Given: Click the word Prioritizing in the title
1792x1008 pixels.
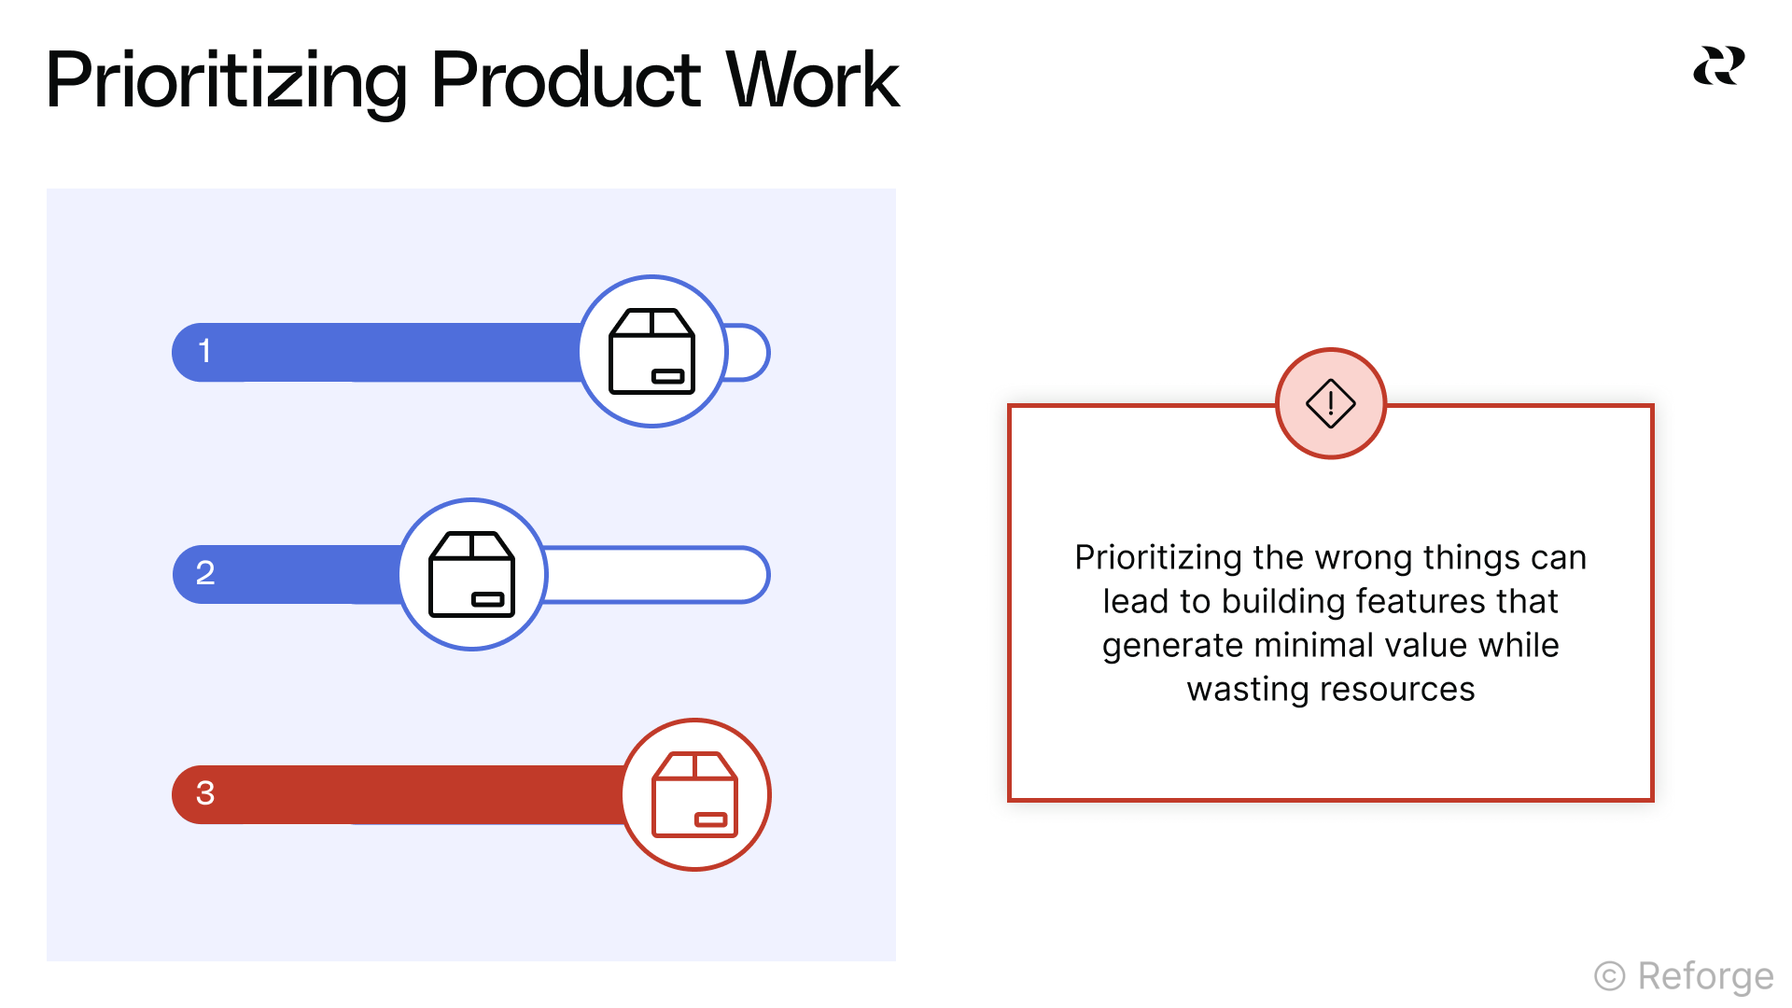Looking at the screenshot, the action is click(x=226, y=81).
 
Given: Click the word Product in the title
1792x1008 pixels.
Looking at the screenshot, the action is click(x=566, y=81).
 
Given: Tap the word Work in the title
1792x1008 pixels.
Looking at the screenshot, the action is click(x=812, y=81).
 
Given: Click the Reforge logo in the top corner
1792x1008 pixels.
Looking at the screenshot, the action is click(x=1718, y=65).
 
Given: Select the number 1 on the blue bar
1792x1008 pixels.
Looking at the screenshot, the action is click(x=204, y=352).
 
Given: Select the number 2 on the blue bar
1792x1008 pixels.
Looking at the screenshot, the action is click(x=205, y=573).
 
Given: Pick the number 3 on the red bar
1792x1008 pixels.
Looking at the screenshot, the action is click(x=205, y=793).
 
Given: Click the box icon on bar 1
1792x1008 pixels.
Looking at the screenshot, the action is click(x=652, y=352).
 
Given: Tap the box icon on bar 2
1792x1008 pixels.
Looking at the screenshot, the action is click(x=472, y=574).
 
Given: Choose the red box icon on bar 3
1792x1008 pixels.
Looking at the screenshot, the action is click(x=695, y=794).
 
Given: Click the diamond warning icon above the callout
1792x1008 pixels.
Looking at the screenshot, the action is click(x=1330, y=403).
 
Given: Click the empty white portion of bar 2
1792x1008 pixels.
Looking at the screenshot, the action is click(x=653, y=575).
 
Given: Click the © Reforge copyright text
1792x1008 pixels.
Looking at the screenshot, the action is click(x=1684, y=976).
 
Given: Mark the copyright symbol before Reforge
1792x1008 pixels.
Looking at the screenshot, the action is click(x=1609, y=976).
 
